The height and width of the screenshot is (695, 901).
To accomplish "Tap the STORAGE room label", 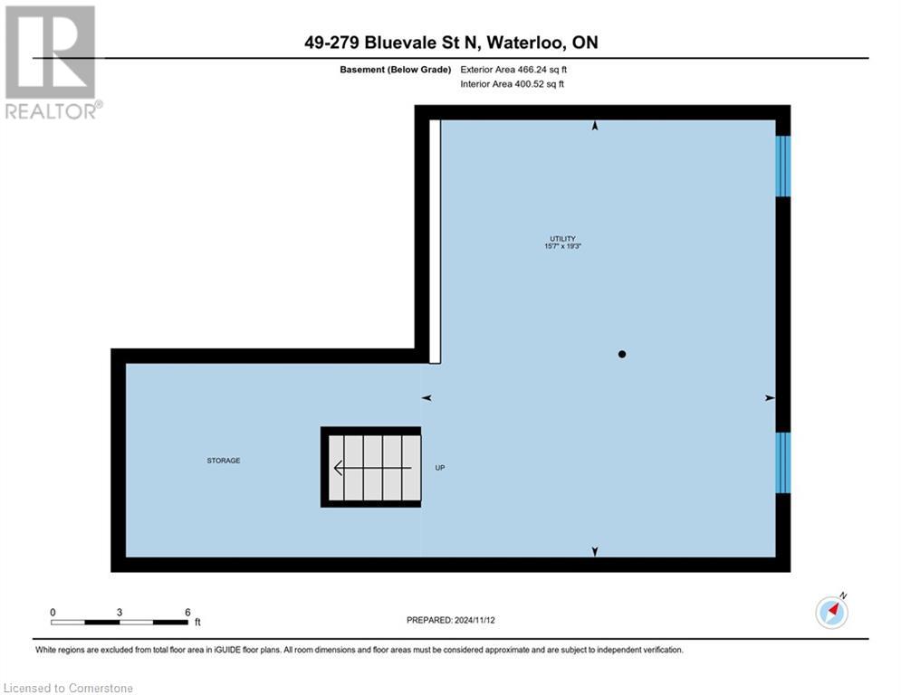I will click(223, 461).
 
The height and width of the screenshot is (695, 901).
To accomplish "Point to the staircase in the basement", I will click(371, 467).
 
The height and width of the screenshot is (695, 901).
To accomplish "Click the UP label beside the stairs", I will click(440, 468).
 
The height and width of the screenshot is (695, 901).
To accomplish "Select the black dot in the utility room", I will click(621, 354).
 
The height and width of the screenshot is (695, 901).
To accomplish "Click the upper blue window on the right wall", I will click(783, 166).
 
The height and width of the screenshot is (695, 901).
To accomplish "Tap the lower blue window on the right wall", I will click(783, 462).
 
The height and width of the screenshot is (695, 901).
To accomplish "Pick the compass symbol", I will click(831, 612).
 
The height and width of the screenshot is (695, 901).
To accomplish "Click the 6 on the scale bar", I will click(187, 613).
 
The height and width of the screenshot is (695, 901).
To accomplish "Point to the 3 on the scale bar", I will click(120, 613).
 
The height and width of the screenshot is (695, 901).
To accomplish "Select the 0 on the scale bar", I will click(53, 613).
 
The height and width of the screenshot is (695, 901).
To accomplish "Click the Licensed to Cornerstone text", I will click(69, 689).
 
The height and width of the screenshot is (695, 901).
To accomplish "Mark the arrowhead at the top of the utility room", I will click(595, 127).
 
